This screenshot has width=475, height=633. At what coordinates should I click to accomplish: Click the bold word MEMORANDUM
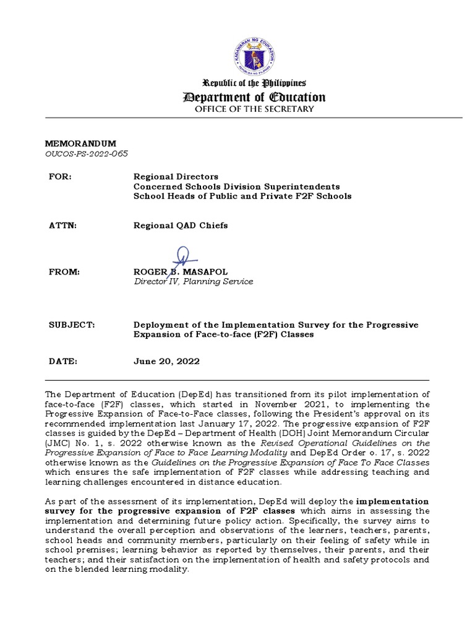pyautogui.click(x=81, y=143)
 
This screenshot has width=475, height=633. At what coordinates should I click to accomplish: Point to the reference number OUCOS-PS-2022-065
pyautogui.click(x=87, y=154)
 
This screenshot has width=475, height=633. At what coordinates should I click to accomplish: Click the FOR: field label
pyautogui.click(x=61, y=177)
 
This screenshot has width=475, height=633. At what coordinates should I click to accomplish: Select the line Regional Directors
pyautogui.click(x=176, y=177)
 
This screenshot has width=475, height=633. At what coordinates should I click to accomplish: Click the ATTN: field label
pyautogui.click(x=62, y=225)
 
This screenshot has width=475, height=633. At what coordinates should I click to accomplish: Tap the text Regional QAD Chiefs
pyautogui.click(x=181, y=225)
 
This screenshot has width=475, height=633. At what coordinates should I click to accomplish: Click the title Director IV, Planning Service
pyautogui.click(x=193, y=281)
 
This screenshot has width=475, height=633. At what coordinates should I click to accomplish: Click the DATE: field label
pyautogui.click(x=62, y=362)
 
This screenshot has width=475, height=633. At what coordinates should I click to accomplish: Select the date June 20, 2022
pyautogui.click(x=166, y=362)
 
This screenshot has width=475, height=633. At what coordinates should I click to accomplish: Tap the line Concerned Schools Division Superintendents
pyautogui.click(x=236, y=186)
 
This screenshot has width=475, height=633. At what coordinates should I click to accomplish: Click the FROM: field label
pyautogui.click(x=64, y=271)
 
